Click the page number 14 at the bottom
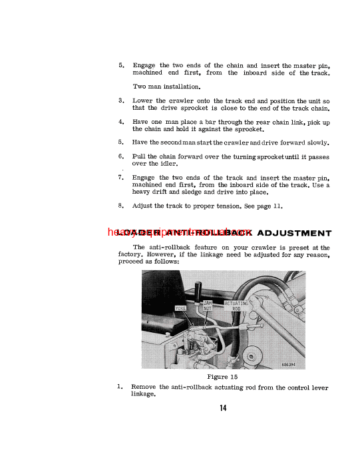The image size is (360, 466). [222, 408]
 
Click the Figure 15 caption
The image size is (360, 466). [222, 376]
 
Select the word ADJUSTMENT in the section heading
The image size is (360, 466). [293, 233]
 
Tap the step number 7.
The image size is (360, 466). [120, 178]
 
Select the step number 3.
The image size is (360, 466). [120, 101]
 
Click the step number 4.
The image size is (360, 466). [120, 122]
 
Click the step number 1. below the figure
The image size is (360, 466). [120, 386]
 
